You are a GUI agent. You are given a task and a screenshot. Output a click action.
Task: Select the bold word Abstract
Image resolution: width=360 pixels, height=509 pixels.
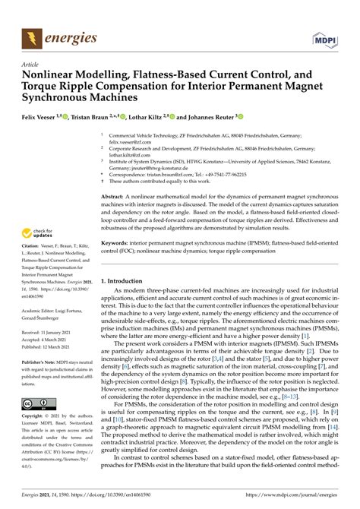pos(113,195)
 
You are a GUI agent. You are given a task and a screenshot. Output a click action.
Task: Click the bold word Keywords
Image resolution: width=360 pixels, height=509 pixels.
pos(115,245)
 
